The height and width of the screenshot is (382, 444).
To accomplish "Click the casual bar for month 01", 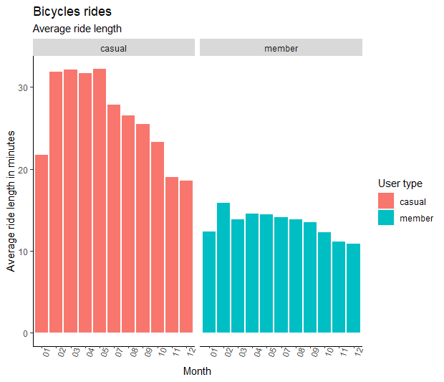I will [x=42, y=244].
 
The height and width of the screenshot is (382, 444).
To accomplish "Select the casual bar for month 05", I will [x=100, y=201].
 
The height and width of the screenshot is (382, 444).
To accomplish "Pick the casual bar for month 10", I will [x=158, y=237].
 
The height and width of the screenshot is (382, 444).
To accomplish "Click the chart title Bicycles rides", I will [x=72, y=12].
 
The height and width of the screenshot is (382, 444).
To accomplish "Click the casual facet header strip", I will [x=114, y=48].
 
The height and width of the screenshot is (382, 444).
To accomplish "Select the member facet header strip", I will [x=281, y=48].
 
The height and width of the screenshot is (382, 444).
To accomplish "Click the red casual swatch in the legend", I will [x=386, y=201].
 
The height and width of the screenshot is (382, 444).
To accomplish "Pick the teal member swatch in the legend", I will [x=386, y=218].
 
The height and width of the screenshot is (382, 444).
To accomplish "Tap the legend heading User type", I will [x=400, y=183].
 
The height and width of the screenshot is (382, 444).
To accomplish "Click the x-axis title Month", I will [x=197, y=371].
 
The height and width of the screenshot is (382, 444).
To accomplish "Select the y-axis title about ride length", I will [x=11, y=201].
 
